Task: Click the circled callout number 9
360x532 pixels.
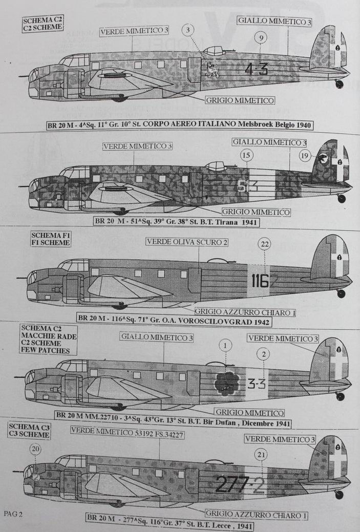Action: click(x=261, y=38)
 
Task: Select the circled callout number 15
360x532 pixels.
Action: click(x=247, y=155)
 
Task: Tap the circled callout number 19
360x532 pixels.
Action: click(x=305, y=155)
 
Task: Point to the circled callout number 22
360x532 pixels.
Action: click(x=264, y=244)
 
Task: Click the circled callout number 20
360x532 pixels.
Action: click(x=35, y=449)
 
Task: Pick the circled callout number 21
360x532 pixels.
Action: click(x=261, y=454)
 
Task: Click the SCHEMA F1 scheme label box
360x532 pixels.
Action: click(x=51, y=239)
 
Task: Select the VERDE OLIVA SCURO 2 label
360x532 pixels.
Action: click(x=187, y=242)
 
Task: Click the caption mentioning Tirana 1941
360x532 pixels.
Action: click(x=176, y=222)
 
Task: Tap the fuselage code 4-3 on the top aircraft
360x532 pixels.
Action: click(x=256, y=69)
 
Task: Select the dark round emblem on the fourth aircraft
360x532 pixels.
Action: click(x=227, y=382)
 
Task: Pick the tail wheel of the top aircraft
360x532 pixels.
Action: click(x=339, y=84)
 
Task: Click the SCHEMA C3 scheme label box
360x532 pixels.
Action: click(x=29, y=431)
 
